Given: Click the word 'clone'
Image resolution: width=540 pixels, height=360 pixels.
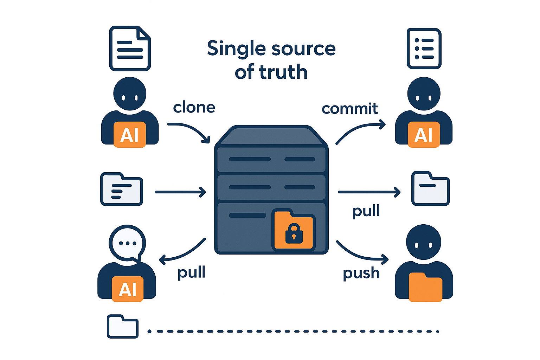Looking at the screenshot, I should (x=194, y=107).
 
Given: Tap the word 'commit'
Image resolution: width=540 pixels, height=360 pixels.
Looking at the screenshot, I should (x=350, y=109).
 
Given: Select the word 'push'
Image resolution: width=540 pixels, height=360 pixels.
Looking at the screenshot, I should (x=361, y=274).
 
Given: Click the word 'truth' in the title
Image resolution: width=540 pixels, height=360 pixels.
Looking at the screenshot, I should (x=283, y=72).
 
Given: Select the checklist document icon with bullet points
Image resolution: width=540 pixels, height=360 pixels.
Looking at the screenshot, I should (x=424, y=49).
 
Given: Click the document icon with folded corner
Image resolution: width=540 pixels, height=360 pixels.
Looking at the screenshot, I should (x=130, y=48).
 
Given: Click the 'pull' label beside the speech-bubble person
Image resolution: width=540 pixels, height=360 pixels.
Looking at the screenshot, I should (x=192, y=272).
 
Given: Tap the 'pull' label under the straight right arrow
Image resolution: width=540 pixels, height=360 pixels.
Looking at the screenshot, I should (x=366, y=211).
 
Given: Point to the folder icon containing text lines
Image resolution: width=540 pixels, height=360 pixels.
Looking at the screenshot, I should (x=122, y=189).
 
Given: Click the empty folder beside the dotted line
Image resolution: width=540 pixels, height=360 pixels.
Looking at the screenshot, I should (x=123, y=327).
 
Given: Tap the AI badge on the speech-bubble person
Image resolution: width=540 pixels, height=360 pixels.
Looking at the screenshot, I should (x=128, y=289).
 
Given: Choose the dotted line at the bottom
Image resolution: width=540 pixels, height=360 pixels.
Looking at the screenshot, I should (x=293, y=332).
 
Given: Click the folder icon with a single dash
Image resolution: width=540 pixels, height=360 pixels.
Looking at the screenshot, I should (x=430, y=188).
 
